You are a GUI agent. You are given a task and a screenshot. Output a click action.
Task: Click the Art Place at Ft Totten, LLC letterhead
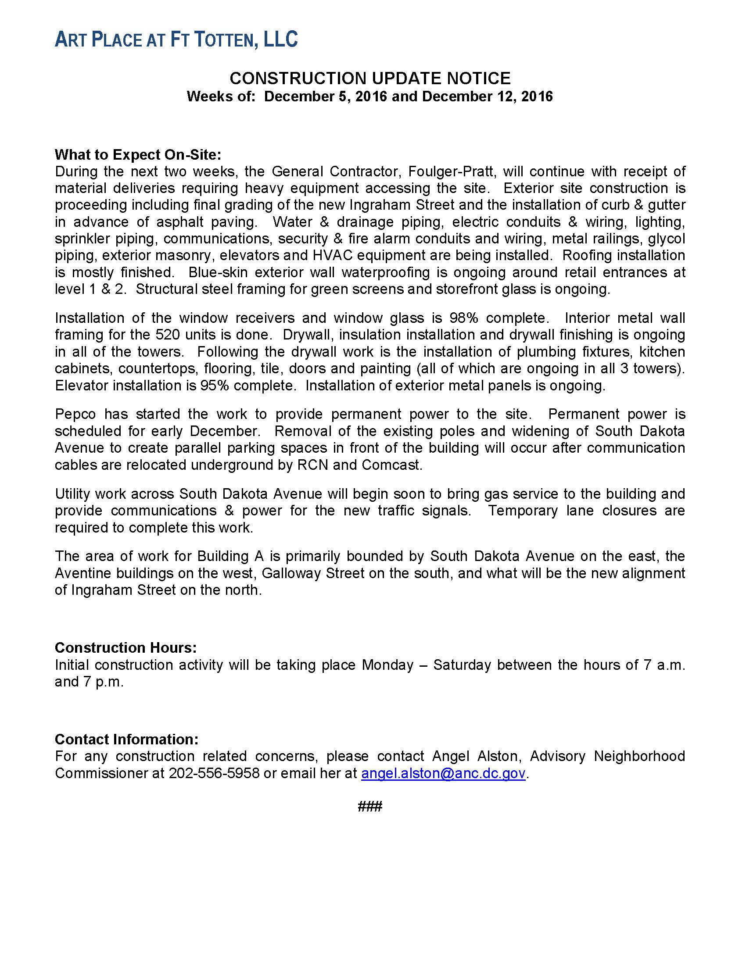(176, 40)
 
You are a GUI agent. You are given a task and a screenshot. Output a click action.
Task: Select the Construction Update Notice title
(370, 79)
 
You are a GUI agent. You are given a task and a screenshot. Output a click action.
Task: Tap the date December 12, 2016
(487, 96)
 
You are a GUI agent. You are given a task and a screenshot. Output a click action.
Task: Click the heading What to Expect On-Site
(137, 155)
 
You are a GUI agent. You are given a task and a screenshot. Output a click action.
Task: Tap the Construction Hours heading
(126, 648)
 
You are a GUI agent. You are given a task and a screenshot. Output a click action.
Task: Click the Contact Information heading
(126, 739)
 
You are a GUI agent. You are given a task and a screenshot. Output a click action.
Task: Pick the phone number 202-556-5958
(214, 773)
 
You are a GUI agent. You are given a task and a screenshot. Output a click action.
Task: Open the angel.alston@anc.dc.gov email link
(443, 773)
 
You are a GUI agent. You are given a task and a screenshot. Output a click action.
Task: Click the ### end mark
(370, 807)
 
